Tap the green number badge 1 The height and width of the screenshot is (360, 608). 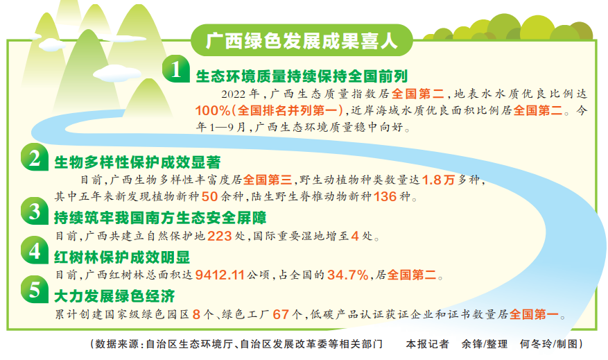tap(177, 71)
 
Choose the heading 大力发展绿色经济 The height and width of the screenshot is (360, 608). tap(114, 295)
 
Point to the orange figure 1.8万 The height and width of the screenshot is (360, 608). tap(442, 180)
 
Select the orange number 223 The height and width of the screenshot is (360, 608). tap(219, 237)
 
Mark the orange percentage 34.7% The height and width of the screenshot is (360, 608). tap(347, 275)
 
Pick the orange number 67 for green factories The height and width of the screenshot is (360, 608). tap(281, 314)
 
